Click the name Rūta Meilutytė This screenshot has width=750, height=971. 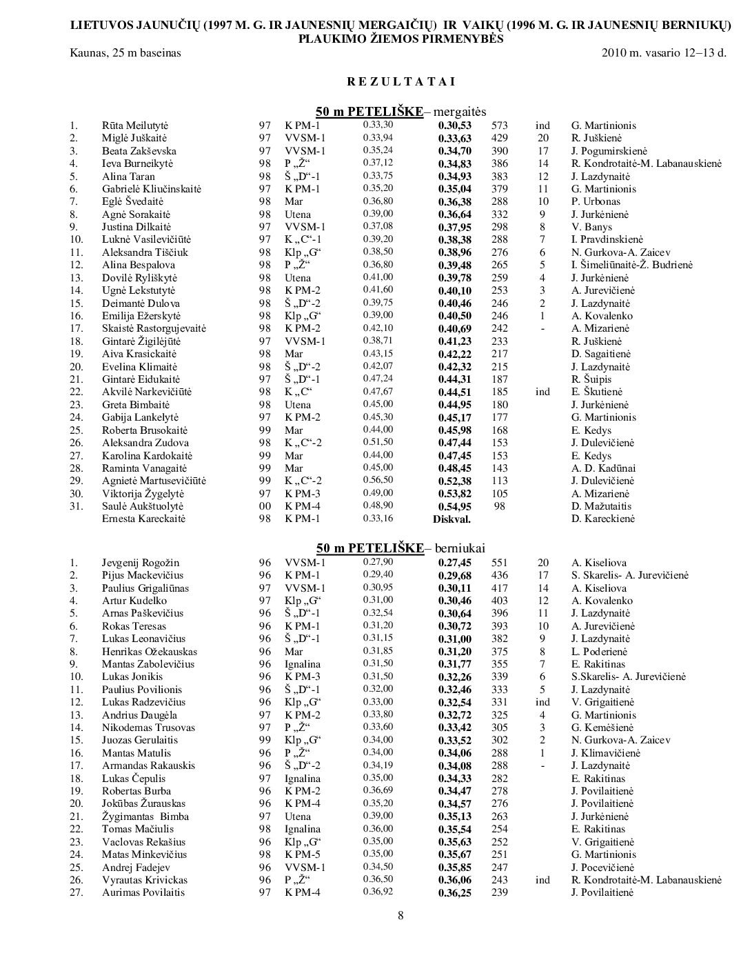[x=135, y=126]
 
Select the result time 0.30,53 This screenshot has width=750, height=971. [x=455, y=126]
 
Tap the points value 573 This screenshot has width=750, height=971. [x=500, y=126]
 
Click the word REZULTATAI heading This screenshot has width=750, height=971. [x=401, y=81]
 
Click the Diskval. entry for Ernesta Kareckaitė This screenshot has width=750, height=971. [x=452, y=519]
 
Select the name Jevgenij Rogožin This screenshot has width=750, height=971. [x=141, y=563]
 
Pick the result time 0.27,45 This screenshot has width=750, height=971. [x=455, y=563]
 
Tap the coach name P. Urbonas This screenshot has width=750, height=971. [x=596, y=201]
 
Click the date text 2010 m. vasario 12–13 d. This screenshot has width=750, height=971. [x=664, y=52]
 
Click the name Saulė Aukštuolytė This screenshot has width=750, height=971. [x=143, y=506]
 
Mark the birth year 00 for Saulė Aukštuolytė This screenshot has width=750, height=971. [x=265, y=506]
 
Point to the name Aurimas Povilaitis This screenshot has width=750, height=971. [x=143, y=892]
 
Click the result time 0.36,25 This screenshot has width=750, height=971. [x=455, y=893]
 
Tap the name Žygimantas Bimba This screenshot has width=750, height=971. [x=145, y=817]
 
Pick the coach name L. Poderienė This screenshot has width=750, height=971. [x=599, y=652]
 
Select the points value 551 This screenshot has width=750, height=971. [x=500, y=563]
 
